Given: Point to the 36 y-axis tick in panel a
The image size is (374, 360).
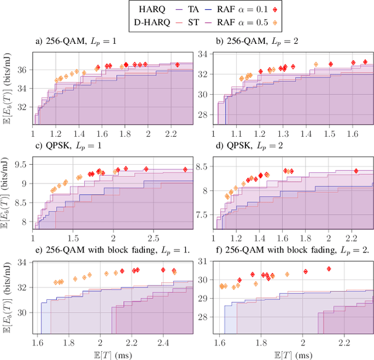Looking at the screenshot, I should click(x=23, y=69).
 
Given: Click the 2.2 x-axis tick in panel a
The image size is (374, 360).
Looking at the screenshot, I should click(x=171, y=134).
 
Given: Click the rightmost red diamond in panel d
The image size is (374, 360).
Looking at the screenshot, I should click(x=356, y=171).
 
